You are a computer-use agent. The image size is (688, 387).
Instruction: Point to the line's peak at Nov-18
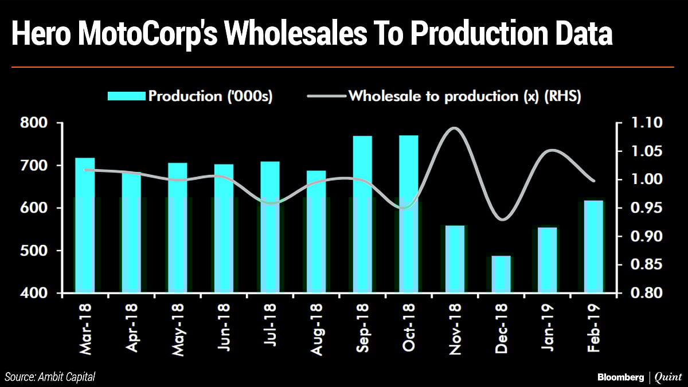[x=454, y=128]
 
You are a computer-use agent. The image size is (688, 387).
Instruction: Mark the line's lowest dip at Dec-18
[x=502, y=219]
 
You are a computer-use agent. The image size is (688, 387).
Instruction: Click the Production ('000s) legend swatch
[x=126, y=97]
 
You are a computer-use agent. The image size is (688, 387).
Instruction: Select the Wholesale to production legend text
[x=464, y=96]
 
